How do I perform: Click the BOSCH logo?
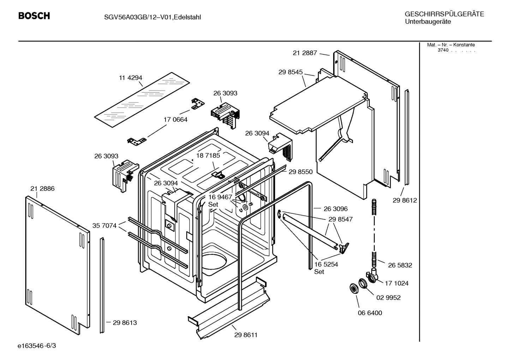pyautogui.click(x=34, y=16)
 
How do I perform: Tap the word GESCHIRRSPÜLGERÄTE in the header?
pyautogui.click(x=444, y=14)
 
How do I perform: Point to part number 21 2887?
pyautogui.click(x=305, y=53)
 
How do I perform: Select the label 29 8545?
pyautogui.click(x=291, y=72)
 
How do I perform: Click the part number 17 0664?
pyautogui.click(x=175, y=120)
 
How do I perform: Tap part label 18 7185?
pyautogui.click(x=208, y=155)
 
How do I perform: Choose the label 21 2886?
pyautogui.click(x=42, y=189)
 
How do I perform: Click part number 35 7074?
pyautogui.click(x=104, y=225)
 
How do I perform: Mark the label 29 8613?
pyautogui.click(x=125, y=323)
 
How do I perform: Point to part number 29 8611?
pyautogui.click(x=246, y=335)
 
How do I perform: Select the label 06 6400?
pyautogui.click(x=370, y=313)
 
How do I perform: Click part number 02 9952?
pyautogui.click(x=388, y=298)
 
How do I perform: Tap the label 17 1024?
pyautogui.click(x=397, y=283)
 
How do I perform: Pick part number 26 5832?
pyautogui.click(x=400, y=265)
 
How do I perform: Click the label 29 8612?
pyautogui.click(x=405, y=200)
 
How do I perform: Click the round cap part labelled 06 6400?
pyautogui.click(x=352, y=288)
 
